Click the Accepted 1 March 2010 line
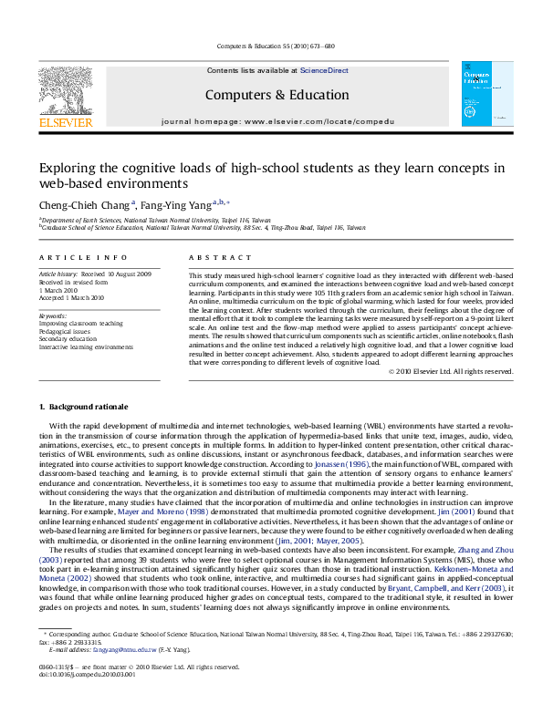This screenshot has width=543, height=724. [71, 297]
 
